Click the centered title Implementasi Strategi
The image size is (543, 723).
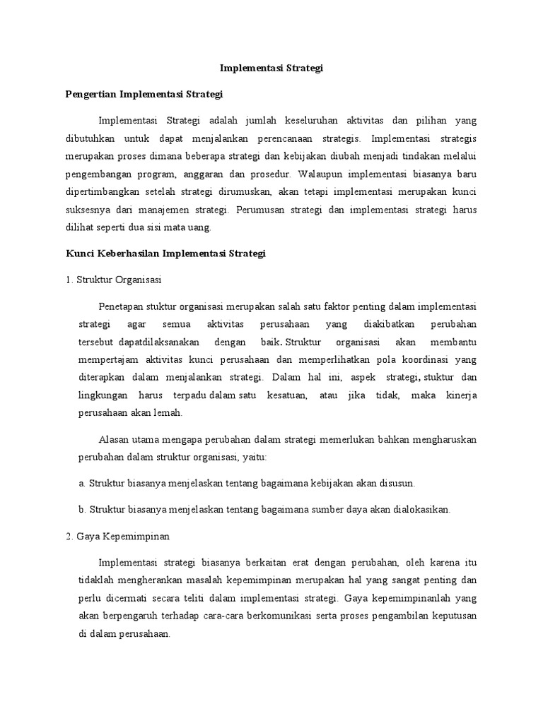click(x=271, y=68)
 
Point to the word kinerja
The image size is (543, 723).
click(x=461, y=395)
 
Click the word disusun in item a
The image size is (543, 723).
click(x=397, y=483)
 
